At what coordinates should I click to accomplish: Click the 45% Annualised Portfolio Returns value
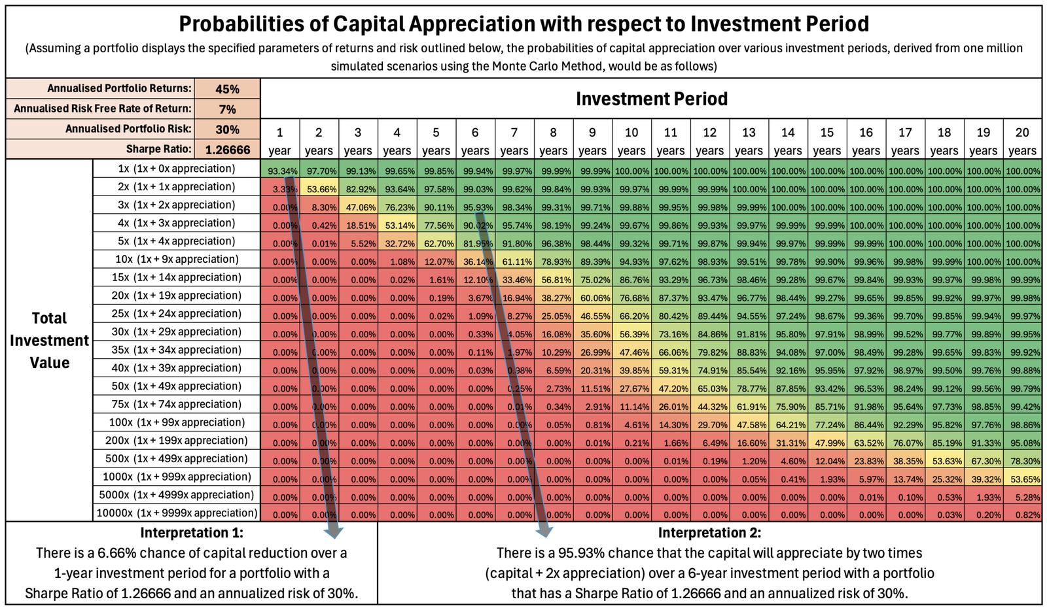point(227,89)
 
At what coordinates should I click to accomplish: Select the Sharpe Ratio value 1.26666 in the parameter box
point(227,150)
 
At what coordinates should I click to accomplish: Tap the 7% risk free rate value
point(227,109)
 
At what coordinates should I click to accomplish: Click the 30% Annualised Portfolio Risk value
point(227,129)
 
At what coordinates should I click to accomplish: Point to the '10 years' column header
point(631,141)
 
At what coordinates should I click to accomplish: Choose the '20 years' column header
point(1022,141)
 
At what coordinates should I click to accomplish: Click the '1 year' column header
point(279,141)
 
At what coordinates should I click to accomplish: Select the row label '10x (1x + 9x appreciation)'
point(177,260)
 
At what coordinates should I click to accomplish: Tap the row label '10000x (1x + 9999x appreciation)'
point(177,513)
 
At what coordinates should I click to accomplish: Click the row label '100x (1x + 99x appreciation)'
point(177,422)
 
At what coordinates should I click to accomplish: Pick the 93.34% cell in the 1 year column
point(282,171)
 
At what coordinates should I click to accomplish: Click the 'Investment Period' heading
point(651,99)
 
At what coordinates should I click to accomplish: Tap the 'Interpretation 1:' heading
point(192,533)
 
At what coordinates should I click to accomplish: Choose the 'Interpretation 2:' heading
point(709,533)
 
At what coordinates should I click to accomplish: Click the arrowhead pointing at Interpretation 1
point(334,530)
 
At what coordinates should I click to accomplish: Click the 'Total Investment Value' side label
point(49,341)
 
